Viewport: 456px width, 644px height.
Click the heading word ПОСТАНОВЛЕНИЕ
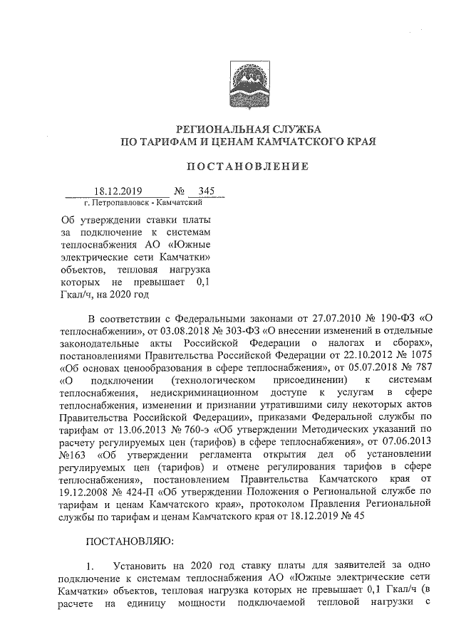[x=247, y=167]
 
